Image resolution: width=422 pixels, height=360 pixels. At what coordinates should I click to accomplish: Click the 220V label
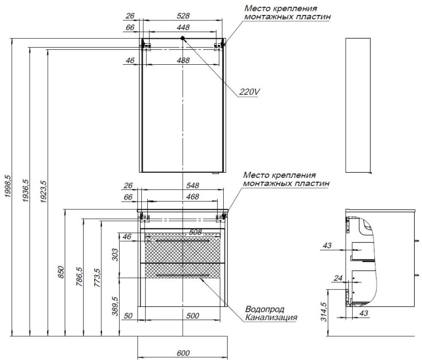coord(249,92)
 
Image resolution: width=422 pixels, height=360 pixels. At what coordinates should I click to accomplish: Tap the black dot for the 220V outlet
coord(183,38)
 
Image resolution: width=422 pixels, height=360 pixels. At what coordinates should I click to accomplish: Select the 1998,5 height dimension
coord(8,186)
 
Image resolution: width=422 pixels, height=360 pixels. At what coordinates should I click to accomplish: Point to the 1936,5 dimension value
coord(25,191)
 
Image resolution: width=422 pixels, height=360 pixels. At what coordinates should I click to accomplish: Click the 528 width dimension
coord(183,16)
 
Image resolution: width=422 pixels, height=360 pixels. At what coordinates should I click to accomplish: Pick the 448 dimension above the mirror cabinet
coord(183,28)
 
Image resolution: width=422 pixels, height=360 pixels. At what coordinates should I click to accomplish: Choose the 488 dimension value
coord(183,60)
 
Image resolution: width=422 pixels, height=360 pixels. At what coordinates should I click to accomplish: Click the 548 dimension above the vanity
coord(192,186)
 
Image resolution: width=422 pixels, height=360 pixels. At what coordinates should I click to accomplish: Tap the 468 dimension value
coord(192,197)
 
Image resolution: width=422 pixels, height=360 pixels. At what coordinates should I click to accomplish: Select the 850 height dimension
coord(61,272)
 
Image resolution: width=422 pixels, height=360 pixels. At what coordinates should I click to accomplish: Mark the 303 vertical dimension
coord(115,255)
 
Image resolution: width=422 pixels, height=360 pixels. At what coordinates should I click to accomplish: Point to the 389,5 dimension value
coord(115,306)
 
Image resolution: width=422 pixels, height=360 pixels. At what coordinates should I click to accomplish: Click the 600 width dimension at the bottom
coord(183,353)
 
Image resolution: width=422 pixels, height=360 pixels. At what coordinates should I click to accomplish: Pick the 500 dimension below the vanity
coord(192,316)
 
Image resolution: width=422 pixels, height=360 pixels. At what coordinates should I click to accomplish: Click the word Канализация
coord(271,317)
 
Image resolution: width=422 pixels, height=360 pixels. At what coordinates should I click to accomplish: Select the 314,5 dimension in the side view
coord(324,312)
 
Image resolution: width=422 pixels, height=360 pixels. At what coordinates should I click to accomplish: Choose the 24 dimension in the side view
coord(338,278)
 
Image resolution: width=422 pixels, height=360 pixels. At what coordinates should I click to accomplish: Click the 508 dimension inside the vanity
coord(195,232)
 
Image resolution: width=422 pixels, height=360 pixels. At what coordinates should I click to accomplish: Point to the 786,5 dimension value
coord(79,276)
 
